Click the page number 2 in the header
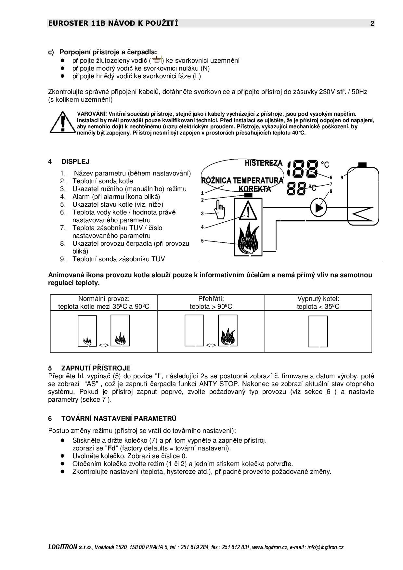pos(372,23)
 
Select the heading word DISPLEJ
pos(75,162)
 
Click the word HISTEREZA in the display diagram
pos(264,163)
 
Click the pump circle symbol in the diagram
pos(318,208)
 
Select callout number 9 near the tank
pos(342,177)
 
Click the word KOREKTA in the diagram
pos(254,189)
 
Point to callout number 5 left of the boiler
pos(202,241)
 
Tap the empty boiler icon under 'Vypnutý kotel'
pos(318,331)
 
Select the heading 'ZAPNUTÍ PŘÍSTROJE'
pos(96,368)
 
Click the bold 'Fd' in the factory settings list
pos(111,448)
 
